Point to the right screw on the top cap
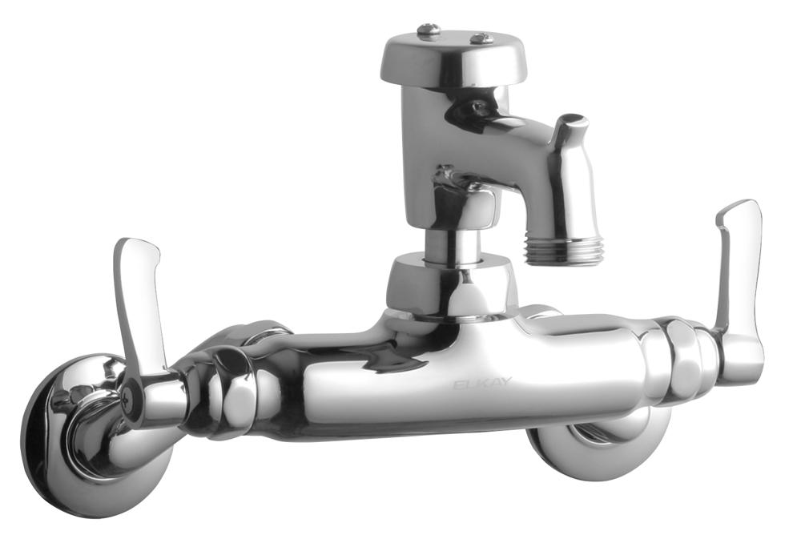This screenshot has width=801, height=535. pyautogui.click(x=480, y=38)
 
